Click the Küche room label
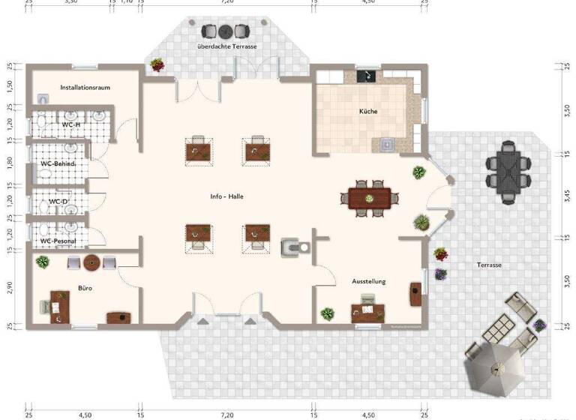click(x=367, y=112)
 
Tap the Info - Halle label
click(x=226, y=196)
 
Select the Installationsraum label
click(x=85, y=88)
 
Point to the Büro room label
click(x=85, y=287)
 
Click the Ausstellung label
click(x=369, y=281)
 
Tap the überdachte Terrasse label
click(x=227, y=47)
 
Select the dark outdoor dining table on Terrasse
click(x=507, y=171)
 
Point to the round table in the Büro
click(x=91, y=262)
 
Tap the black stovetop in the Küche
click(x=367, y=75)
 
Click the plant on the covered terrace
click(x=157, y=65)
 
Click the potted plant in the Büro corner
click(x=43, y=262)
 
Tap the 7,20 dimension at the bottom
click(x=226, y=415)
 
